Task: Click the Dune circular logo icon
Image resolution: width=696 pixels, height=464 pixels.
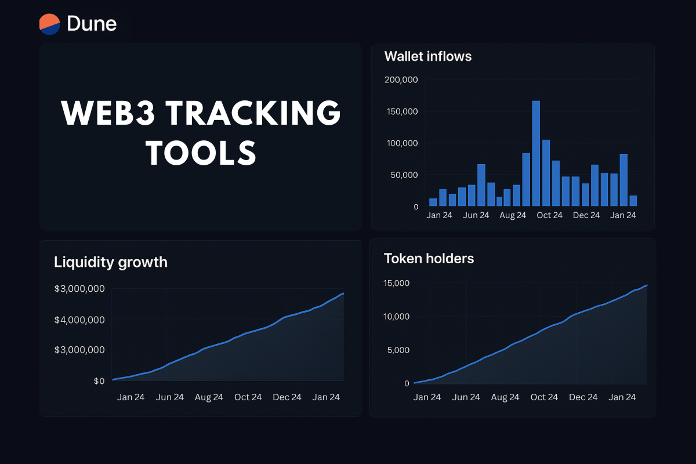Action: pyautogui.click(x=50, y=23)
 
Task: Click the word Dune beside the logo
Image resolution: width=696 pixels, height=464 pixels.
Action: pyautogui.click(x=92, y=23)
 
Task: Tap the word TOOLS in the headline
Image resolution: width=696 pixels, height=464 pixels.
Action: pyautogui.click(x=201, y=153)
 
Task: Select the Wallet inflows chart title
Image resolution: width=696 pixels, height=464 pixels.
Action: pyautogui.click(x=427, y=56)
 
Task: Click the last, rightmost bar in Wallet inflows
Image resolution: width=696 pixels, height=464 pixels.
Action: pyautogui.click(x=633, y=201)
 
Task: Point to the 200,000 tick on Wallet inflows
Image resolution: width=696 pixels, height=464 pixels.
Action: pyautogui.click(x=401, y=79)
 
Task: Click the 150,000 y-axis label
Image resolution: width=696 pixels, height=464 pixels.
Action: pyautogui.click(x=401, y=111)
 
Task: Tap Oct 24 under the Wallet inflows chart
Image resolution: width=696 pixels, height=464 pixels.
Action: pyautogui.click(x=549, y=215)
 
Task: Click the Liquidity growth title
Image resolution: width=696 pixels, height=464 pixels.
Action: pyautogui.click(x=110, y=262)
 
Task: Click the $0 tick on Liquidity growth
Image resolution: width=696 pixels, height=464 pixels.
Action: pyautogui.click(x=99, y=381)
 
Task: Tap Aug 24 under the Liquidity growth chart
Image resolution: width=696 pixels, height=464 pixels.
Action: pyautogui.click(x=209, y=397)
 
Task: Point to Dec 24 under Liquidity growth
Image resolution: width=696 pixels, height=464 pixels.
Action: pyautogui.click(x=287, y=397)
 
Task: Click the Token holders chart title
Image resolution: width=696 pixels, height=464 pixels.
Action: pyautogui.click(x=429, y=259)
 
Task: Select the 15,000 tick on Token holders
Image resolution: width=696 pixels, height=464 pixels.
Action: pyautogui.click(x=397, y=283)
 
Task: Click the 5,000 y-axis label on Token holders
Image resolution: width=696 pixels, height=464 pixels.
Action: pyautogui.click(x=400, y=350)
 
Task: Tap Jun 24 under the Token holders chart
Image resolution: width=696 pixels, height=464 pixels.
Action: pyautogui.click(x=466, y=397)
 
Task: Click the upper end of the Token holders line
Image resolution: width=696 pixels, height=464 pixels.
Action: pyautogui.click(x=646, y=285)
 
